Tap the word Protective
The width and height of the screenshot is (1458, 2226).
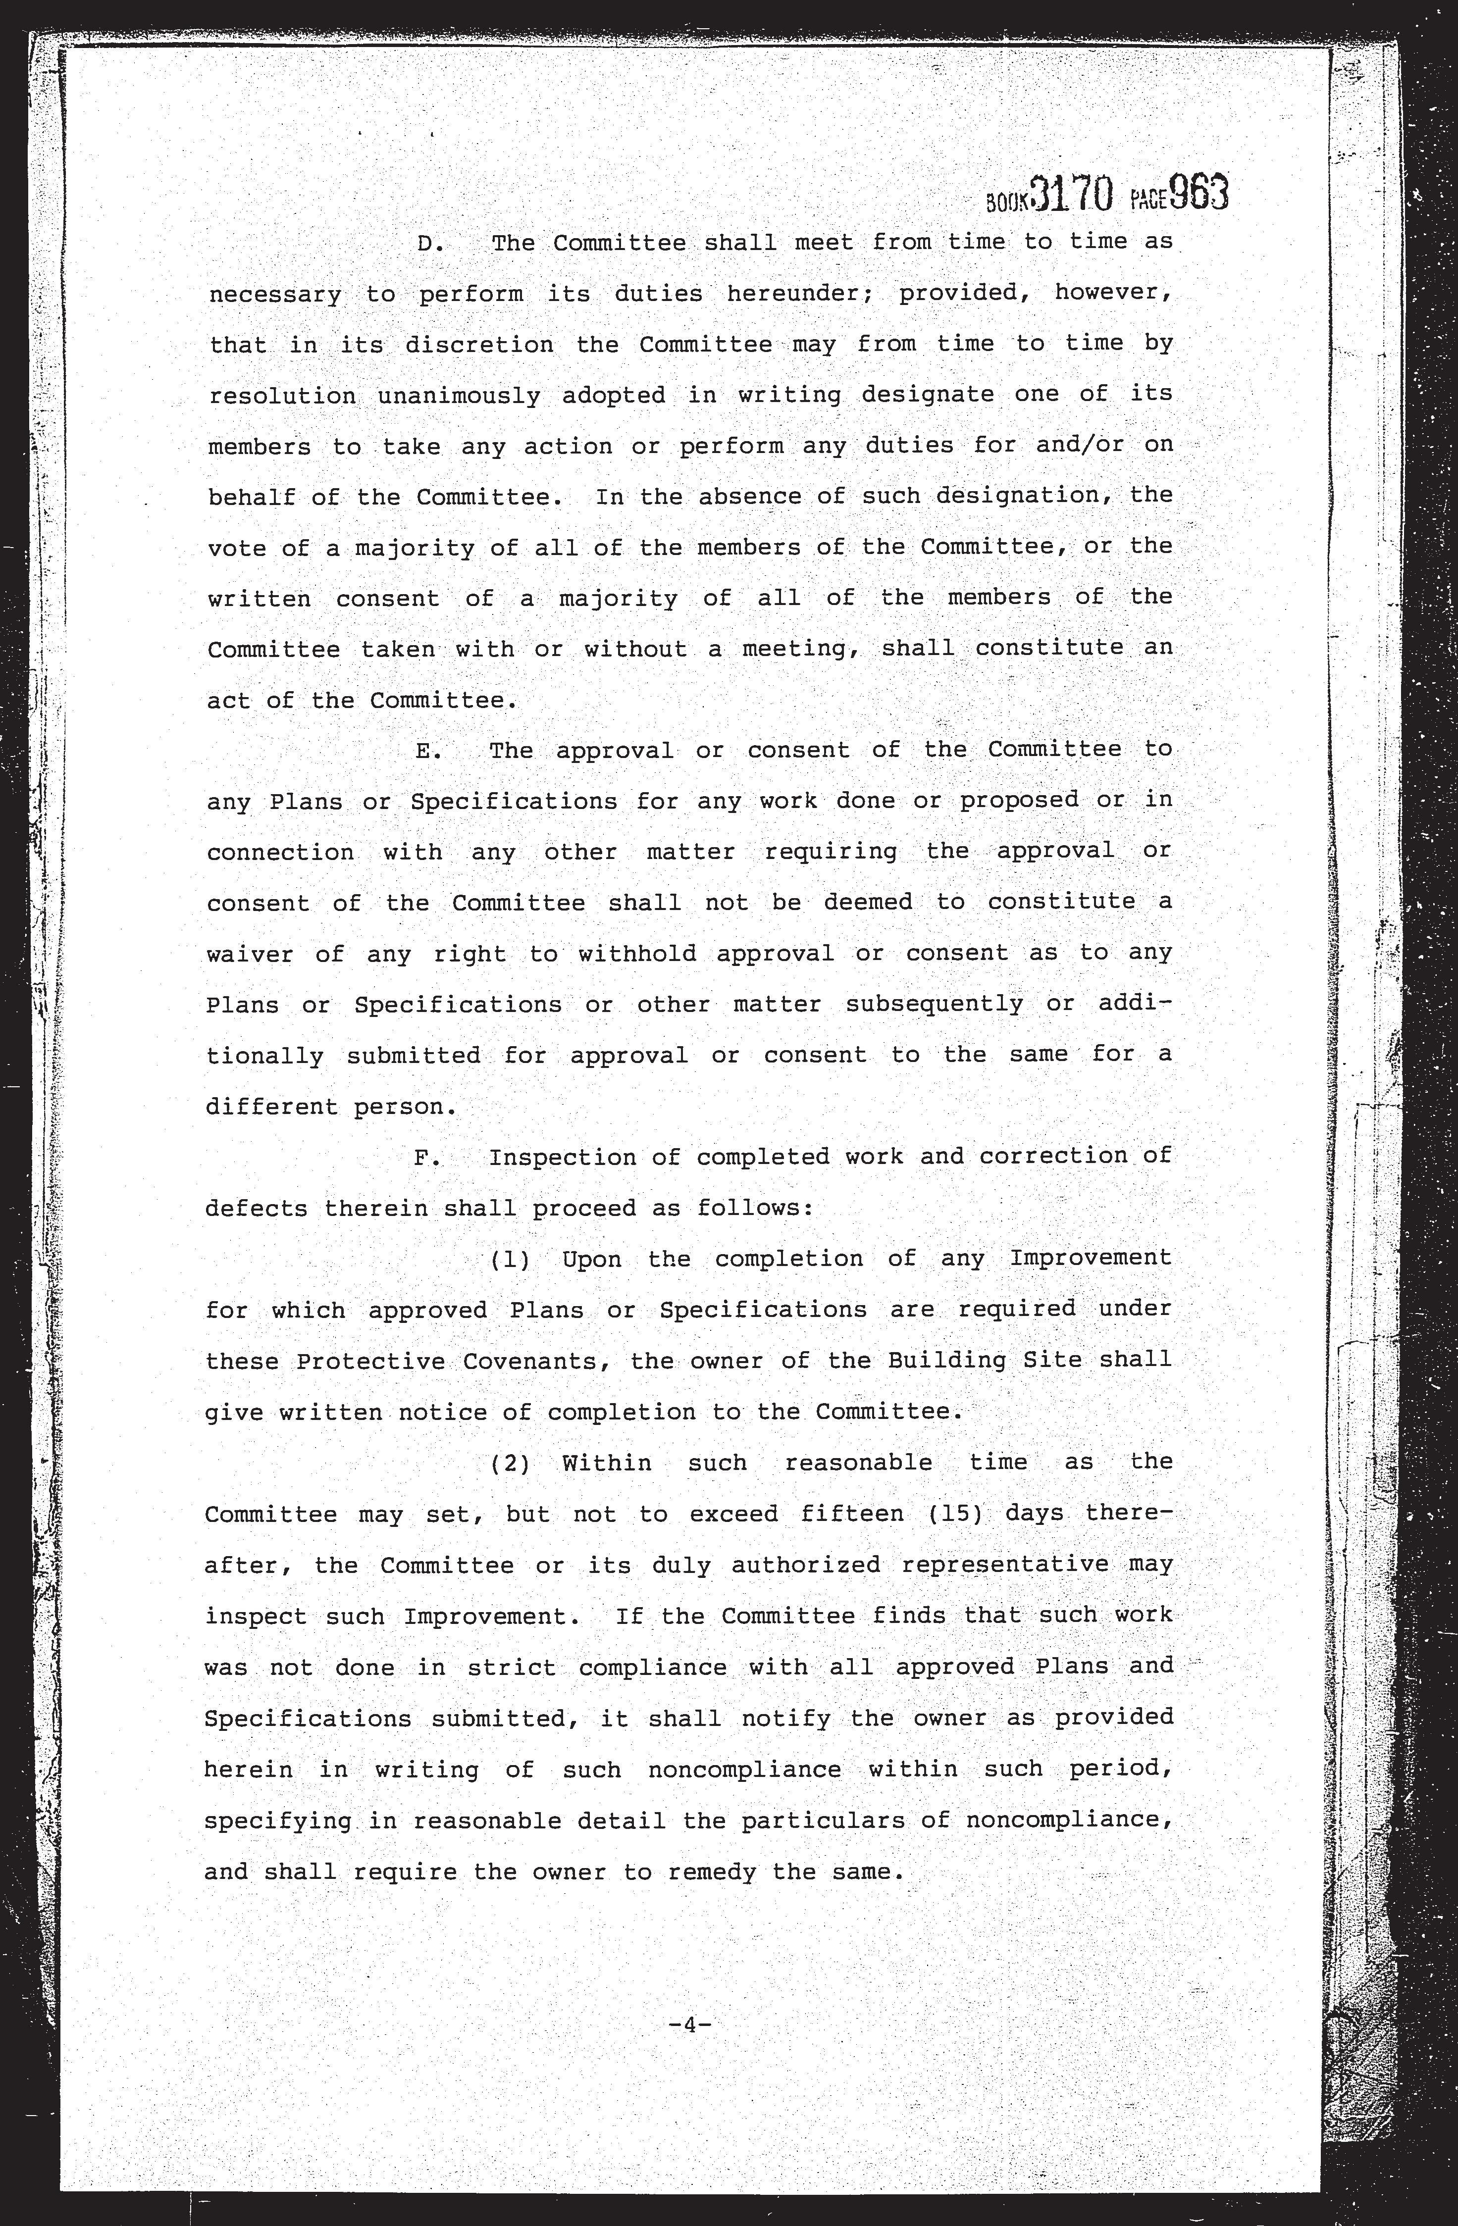370,1362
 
